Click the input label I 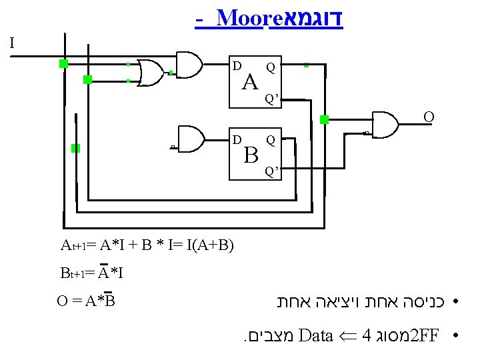pos(11,44)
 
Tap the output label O pos(429,118)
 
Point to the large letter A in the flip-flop pos(250,83)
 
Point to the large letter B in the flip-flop pos(251,155)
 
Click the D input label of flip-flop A pos(237,66)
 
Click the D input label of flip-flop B pos(237,139)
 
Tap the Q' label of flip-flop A pos(272,99)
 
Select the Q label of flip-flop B pos(270,140)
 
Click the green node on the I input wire pos(63,63)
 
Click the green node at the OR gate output pos(171,72)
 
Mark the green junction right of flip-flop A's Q pos(306,65)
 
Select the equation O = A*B pos(87,301)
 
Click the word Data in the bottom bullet pos(317,334)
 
